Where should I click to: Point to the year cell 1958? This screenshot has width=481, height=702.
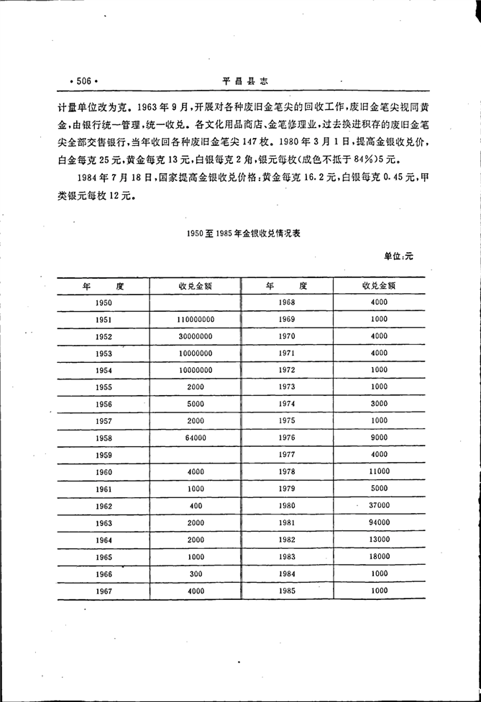(x=103, y=438)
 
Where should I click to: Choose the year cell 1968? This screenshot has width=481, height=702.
(x=287, y=302)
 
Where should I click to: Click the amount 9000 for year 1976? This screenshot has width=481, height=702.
(x=380, y=437)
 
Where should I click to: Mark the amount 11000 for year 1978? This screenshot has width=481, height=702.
(x=380, y=471)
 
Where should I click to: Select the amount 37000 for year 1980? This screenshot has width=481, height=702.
(x=380, y=505)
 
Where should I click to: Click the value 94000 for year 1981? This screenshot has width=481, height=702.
(x=380, y=522)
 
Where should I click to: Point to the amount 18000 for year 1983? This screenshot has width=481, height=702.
(x=380, y=556)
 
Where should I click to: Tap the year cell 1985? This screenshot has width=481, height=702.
(x=287, y=590)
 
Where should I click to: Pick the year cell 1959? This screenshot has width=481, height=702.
(x=103, y=455)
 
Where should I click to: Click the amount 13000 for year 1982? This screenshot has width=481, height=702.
(x=380, y=539)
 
